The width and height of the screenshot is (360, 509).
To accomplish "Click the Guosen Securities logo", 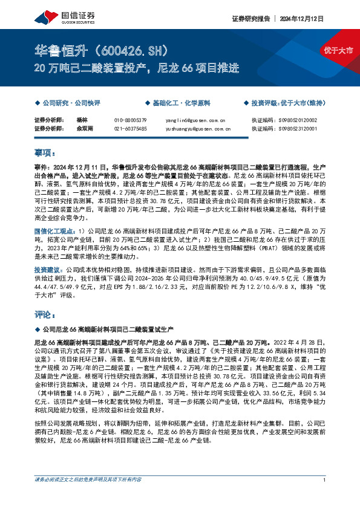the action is coord(54,17).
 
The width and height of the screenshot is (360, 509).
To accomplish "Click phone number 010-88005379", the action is coord(131,120).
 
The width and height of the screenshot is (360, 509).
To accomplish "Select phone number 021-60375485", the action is coord(131,128).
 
